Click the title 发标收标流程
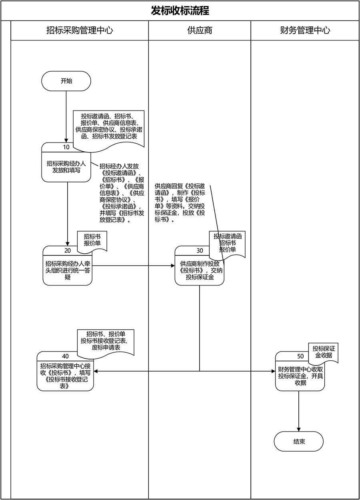pos(180,11)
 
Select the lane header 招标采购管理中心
pos(80,30)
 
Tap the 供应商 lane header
pos(200,30)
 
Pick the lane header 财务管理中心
pos(305,30)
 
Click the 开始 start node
pos(66,81)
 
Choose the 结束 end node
pos(299,442)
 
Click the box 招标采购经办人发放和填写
pos(66,167)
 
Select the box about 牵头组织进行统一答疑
pos(68,270)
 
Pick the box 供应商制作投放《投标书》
pos(199,270)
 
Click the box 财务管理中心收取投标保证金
pos(300,376)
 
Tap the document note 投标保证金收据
pos(323,352)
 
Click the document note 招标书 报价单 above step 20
pos(92,240)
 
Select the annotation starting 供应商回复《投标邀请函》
pos(180,203)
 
